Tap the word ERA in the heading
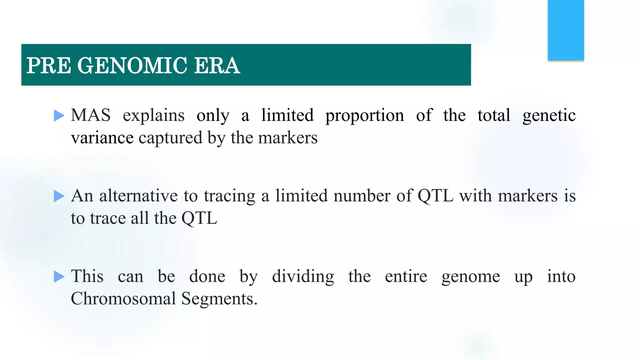[217, 66]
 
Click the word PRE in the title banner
[49, 66]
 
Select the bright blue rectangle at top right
[566, 30]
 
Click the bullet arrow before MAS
[59, 116]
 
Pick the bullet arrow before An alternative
[59, 196]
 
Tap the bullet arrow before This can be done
[59, 277]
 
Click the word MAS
[91, 115]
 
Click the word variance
[102, 138]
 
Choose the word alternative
[138, 196]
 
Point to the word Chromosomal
[123, 299]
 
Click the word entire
[406, 277]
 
